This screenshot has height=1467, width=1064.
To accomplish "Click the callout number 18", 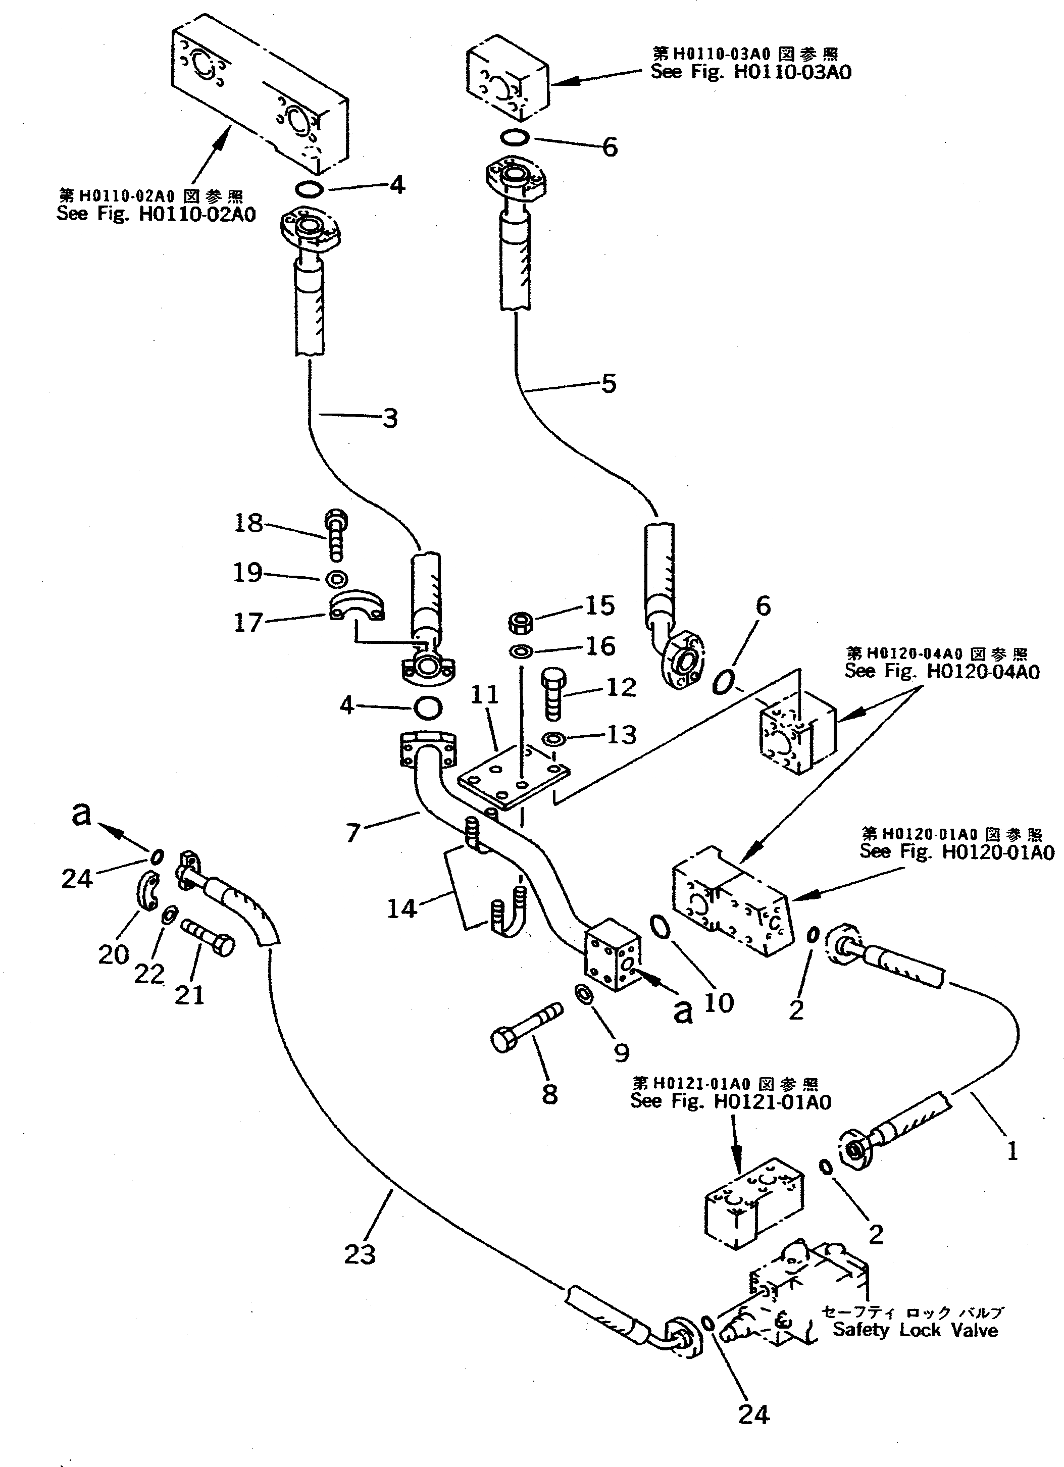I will [x=248, y=523].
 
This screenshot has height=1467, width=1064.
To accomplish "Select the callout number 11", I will [x=484, y=695].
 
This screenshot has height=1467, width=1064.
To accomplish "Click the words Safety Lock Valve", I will [x=915, y=1331].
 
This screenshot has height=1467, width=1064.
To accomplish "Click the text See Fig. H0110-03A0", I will [x=750, y=72].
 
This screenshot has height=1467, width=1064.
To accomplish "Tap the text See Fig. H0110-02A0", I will [x=156, y=214].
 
